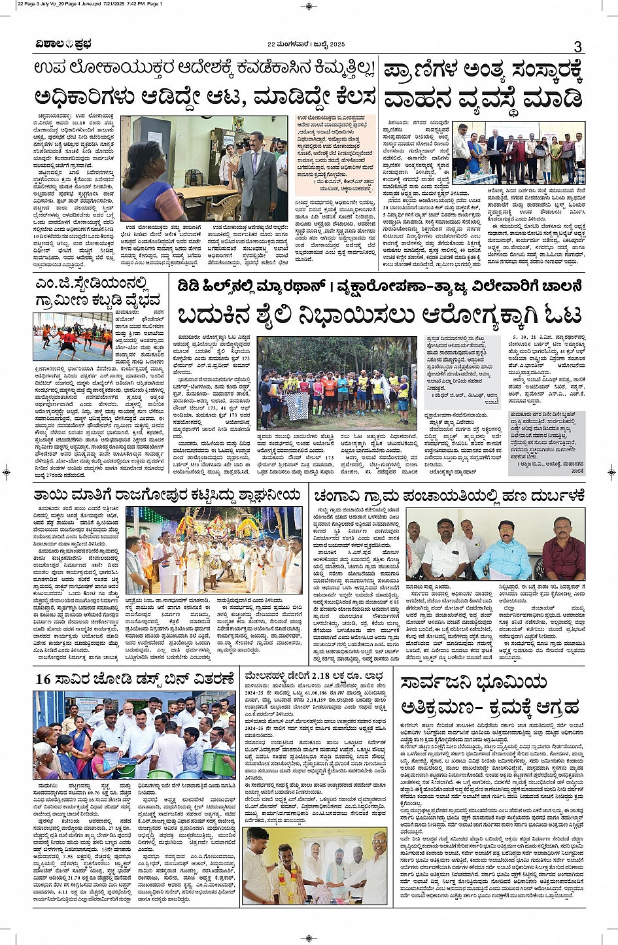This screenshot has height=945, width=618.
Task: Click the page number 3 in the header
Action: click(577, 46)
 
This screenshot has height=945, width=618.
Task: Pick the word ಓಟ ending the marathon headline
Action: click(561, 315)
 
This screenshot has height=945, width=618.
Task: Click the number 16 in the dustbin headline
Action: click(43, 679)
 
